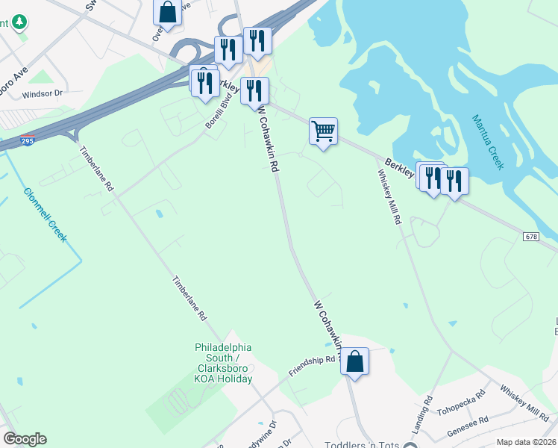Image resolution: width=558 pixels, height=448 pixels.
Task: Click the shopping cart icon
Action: (x=323, y=131)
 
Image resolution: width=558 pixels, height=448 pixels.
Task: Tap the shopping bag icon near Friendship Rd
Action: (x=355, y=362)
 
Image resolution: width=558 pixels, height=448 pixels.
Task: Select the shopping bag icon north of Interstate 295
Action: (x=167, y=13)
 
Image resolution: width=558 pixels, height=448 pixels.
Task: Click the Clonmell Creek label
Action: (x=45, y=214)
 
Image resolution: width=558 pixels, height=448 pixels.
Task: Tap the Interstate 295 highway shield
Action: (x=27, y=140)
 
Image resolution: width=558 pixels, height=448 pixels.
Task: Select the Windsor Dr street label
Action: (x=45, y=95)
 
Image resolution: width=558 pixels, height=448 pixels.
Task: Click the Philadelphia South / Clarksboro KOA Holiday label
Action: (x=224, y=363)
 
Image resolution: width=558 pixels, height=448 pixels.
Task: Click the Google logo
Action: (x=25, y=439)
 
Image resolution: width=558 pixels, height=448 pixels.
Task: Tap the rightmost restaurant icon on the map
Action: (x=454, y=180)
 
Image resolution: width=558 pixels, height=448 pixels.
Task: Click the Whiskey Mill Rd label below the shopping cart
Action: (x=389, y=197)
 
